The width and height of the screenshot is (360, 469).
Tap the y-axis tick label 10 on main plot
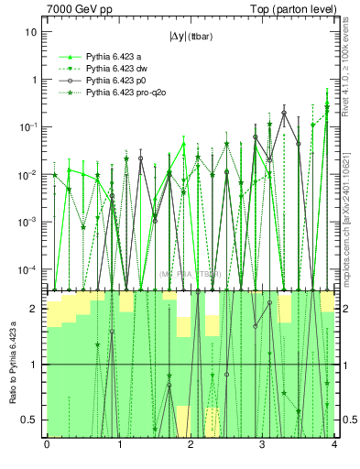click(30, 32)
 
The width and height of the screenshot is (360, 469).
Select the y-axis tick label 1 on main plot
click(33, 80)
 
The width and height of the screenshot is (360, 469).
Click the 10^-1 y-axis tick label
click(29, 126)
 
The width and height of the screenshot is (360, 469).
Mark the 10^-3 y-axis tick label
click(29, 222)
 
